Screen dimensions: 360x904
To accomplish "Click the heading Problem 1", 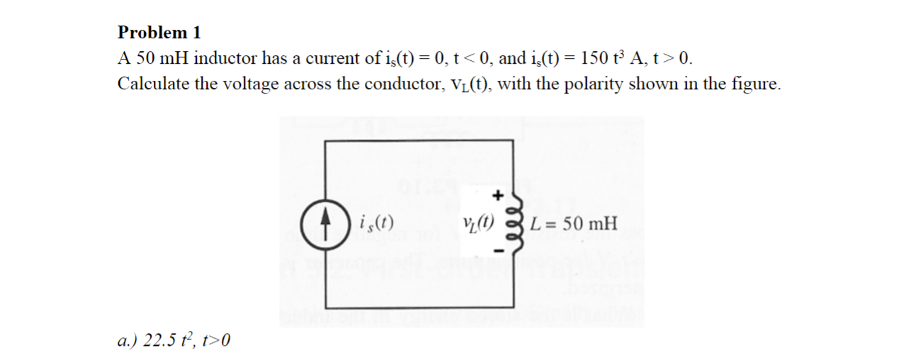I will pyautogui.click(x=159, y=33).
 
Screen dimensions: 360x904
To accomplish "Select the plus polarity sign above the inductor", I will pyautogui.click(x=498, y=193).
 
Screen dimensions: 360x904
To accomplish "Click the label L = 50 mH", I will pyautogui.click(x=576, y=225).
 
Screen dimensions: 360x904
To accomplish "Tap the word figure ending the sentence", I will pyautogui.click(x=758, y=84).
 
